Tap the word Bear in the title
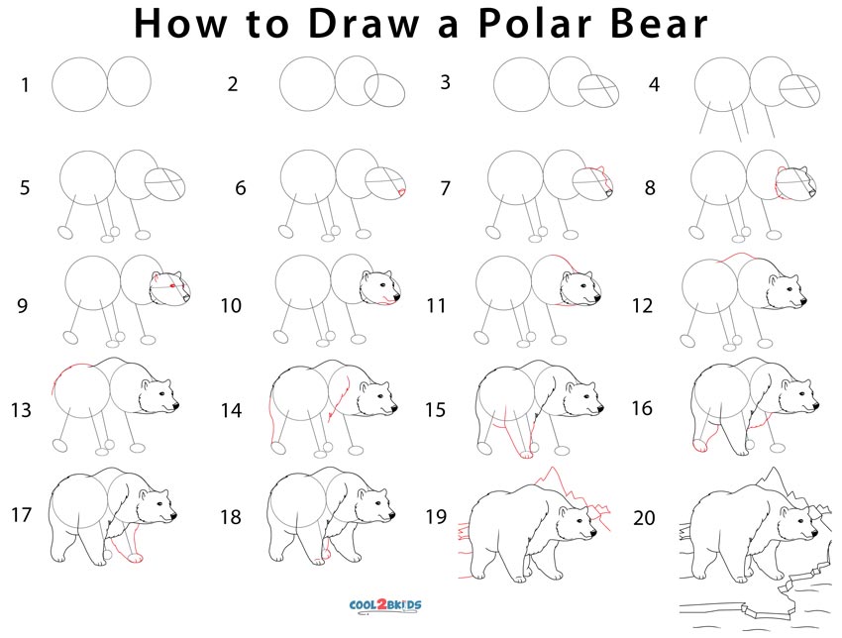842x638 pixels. coord(658,24)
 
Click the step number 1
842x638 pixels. coord(25,85)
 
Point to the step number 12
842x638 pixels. coord(643,305)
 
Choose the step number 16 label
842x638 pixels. coord(643,407)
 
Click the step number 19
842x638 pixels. coord(436,516)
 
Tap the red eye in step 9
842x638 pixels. coord(173,286)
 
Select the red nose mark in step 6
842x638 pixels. coord(402,191)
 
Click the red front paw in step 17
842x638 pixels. coord(131,558)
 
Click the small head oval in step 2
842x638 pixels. coord(385,91)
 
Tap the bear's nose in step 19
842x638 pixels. coord(594,536)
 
